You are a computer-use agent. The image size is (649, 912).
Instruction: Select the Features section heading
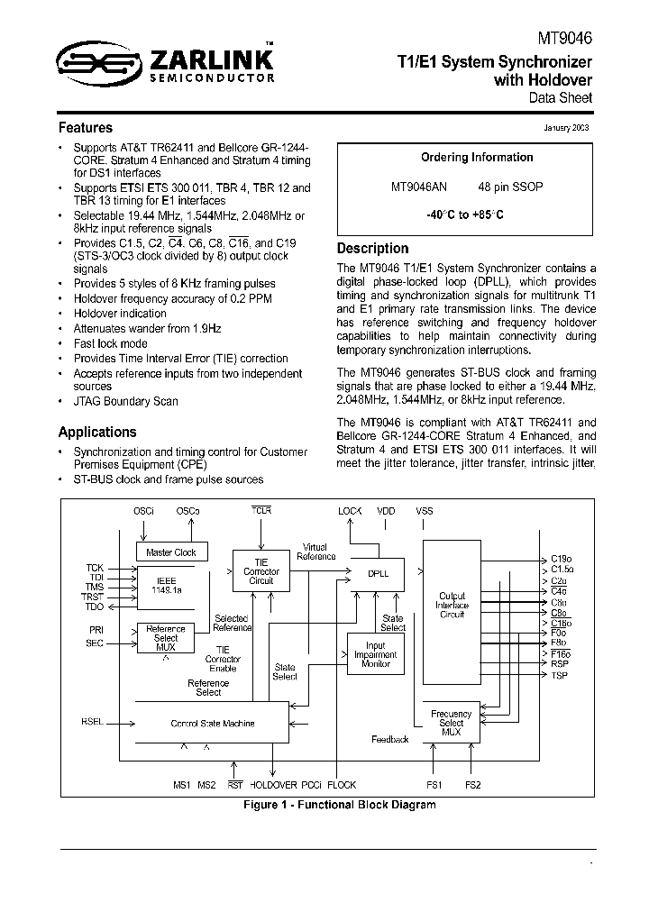(86, 128)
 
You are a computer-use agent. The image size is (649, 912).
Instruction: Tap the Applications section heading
(97, 432)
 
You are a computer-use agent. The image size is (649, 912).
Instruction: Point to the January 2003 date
(566, 128)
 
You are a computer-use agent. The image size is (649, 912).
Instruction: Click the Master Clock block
(171, 552)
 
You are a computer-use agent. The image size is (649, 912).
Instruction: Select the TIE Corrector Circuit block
(261, 571)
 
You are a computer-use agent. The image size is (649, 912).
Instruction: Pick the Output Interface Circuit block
(452, 605)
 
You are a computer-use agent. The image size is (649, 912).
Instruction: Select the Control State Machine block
(213, 723)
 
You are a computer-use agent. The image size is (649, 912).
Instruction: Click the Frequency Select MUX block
(452, 723)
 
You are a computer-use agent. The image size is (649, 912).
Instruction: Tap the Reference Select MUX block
(166, 637)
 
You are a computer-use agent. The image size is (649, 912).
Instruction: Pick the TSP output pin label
(559, 675)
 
